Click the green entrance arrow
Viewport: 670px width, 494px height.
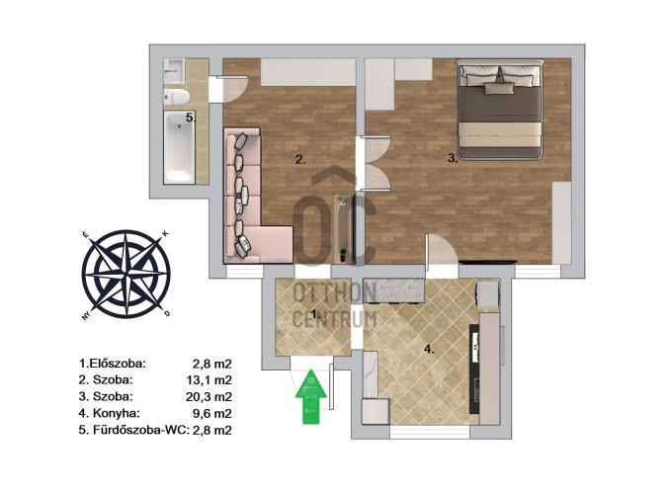[x=311, y=396]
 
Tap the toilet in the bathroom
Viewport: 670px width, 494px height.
[x=177, y=97]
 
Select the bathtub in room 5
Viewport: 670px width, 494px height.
[x=180, y=146]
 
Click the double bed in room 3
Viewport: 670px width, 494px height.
[x=500, y=110]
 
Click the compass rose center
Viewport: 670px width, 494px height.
[x=126, y=274]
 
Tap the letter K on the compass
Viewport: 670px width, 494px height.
[x=166, y=233]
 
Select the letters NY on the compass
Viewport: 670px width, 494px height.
[x=85, y=316]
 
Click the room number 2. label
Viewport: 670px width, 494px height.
[x=300, y=160]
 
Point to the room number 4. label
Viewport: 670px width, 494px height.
[x=429, y=350]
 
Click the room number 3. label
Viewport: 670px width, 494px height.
[x=453, y=158]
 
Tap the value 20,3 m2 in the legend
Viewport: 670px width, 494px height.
[x=209, y=397]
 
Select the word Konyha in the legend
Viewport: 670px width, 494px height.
[x=117, y=413]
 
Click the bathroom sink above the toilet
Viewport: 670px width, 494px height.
[x=174, y=70]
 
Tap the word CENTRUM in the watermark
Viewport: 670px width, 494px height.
[x=335, y=319]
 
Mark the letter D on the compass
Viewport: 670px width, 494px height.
[x=168, y=313]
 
